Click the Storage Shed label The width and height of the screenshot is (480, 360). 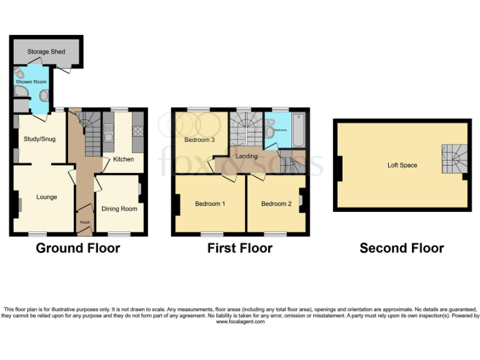click(46, 51)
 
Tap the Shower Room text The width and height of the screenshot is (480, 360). click(31, 82)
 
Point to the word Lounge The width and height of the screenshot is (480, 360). click(46, 197)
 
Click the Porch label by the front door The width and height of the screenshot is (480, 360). click(84, 221)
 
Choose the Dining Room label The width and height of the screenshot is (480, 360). click(119, 209)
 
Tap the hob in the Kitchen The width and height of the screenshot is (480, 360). click(137, 131)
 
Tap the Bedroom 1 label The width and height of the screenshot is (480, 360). click(210, 204)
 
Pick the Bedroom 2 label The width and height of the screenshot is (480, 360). click(276, 204)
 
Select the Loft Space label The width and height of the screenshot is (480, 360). click(402, 165)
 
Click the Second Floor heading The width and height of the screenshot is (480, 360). click(402, 248)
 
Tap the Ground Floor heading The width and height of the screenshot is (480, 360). click(78, 248)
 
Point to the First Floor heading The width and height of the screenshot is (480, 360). click(240, 248)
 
